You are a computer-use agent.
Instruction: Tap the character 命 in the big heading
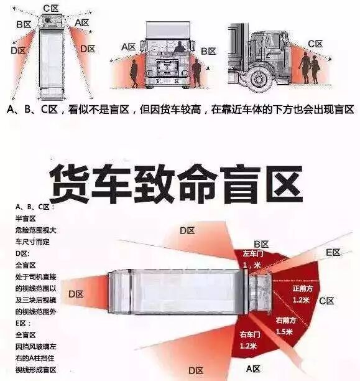click(204, 181)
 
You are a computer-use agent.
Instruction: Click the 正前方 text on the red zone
click(303, 289)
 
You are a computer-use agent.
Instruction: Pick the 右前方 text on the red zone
click(287, 320)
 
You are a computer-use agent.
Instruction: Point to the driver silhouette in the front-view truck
click(179, 47)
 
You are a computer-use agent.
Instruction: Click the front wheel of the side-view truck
click(257, 78)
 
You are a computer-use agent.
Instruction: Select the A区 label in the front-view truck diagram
click(129, 47)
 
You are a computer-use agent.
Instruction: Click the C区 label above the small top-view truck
click(50, 7)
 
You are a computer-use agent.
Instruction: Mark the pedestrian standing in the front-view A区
click(134, 72)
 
